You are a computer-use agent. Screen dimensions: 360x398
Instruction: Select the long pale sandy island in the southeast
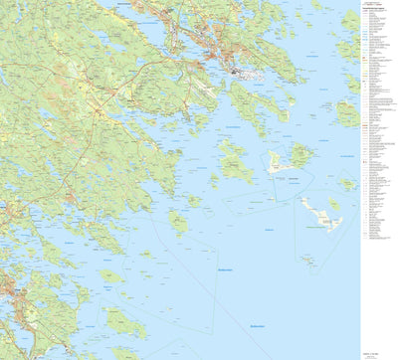pos(320,212)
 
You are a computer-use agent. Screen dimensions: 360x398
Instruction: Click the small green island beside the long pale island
pos(335,205)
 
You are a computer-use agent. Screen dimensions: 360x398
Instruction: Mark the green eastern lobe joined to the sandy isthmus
pos(299,155)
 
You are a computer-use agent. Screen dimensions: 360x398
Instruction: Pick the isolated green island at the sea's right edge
pos(346,183)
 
